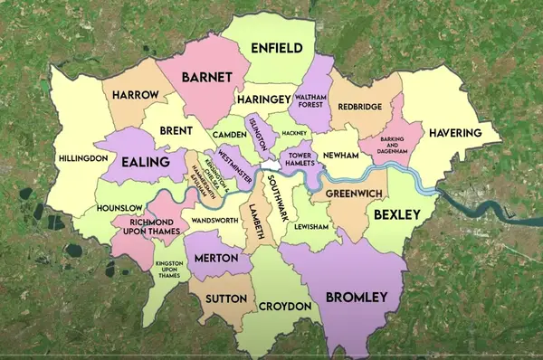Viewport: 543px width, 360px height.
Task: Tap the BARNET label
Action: tap(207, 77)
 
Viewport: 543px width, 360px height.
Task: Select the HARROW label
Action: tap(137, 94)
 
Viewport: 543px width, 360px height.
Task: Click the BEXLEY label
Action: tap(397, 214)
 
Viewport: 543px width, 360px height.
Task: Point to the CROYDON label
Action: tap(285, 307)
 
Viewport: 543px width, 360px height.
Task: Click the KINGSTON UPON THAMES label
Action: tap(168, 269)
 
